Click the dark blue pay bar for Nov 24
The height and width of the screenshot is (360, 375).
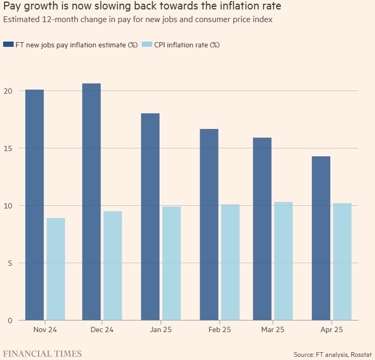click(x=34, y=205)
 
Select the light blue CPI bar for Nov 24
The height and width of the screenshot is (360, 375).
click(x=55, y=269)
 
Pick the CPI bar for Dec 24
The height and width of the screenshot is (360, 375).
click(x=112, y=266)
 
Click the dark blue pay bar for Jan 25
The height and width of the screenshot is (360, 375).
click(x=150, y=216)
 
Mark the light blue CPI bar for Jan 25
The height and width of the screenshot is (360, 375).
click(x=171, y=263)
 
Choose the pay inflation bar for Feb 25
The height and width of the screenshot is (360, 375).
click(x=209, y=224)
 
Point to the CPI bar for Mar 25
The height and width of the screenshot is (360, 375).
click(x=283, y=261)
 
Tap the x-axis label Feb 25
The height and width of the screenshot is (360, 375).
click(x=219, y=331)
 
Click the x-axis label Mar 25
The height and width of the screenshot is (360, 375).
click(x=272, y=331)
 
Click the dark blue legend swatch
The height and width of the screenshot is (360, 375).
click(x=9, y=45)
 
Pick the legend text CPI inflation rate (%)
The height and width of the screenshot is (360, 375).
click(x=186, y=45)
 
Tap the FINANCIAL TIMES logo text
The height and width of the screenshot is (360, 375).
click(x=43, y=353)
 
